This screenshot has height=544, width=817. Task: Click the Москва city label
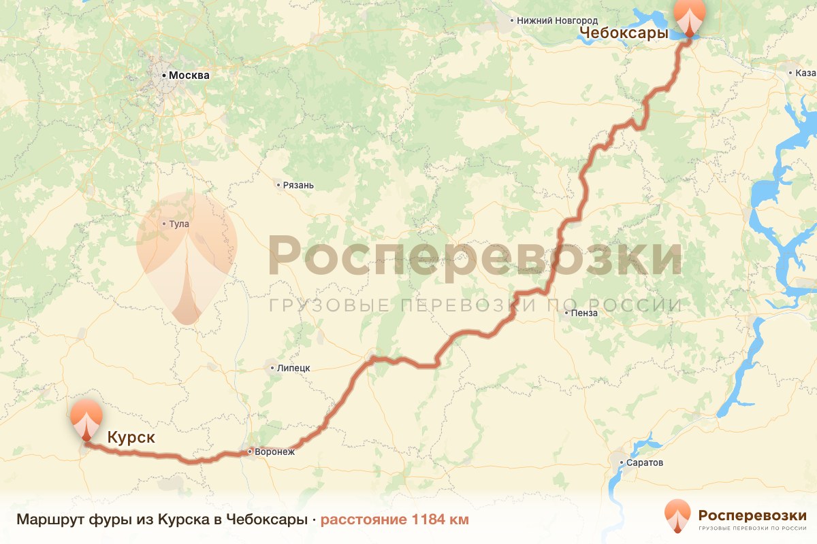[x=189, y=75]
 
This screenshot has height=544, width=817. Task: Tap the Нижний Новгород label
[x=557, y=21]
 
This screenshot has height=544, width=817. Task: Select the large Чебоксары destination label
[x=623, y=35]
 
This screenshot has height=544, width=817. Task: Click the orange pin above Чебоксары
[x=690, y=17]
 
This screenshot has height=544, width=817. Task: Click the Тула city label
[x=180, y=223]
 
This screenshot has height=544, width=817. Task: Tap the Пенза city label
[x=585, y=313]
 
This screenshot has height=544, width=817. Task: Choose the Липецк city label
[x=293, y=368]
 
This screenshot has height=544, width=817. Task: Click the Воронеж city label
[x=275, y=452]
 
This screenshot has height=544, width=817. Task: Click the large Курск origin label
[x=130, y=437]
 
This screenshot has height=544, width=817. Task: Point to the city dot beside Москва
[x=163, y=75]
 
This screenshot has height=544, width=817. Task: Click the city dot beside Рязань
[x=278, y=185]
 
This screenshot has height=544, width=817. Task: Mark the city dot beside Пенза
[x=566, y=313]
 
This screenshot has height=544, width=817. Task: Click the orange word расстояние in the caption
[x=364, y=520]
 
